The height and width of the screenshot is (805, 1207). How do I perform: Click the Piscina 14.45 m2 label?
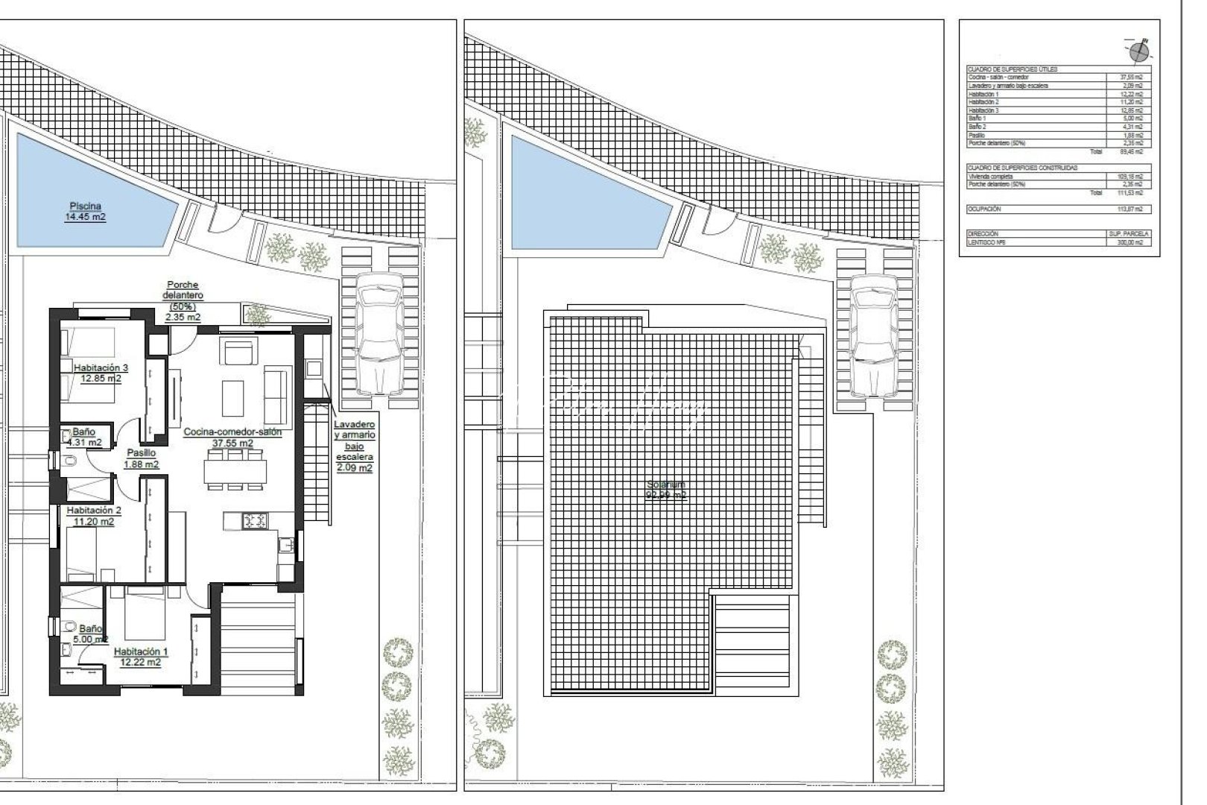click(85, 212)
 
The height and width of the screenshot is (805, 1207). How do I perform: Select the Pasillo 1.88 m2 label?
click(141, 458)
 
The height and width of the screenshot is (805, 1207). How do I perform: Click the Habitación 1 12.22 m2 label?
click(140, 657)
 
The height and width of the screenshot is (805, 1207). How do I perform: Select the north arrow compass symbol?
click(1139, 51)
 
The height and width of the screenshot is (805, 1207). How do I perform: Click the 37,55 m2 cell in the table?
click(1131, 77)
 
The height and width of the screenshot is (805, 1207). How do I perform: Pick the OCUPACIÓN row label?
click(984, 209)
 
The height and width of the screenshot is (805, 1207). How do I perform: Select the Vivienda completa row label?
click(991, 177)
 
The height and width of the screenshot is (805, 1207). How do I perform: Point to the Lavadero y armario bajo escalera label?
click(354, 446)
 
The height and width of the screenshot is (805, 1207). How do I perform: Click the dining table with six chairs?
click(235, 470)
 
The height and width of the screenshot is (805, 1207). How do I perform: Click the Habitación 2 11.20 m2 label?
click(93, 516)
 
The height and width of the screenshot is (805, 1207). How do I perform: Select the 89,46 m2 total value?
click(1131, 151)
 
